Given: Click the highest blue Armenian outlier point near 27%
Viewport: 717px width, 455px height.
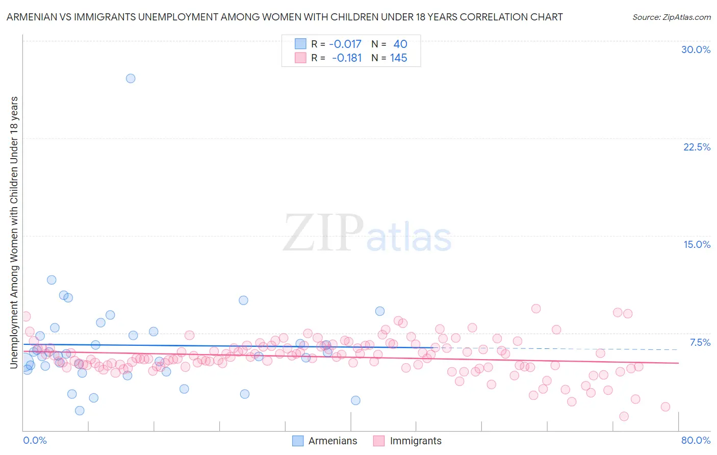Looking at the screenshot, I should coord(131,78).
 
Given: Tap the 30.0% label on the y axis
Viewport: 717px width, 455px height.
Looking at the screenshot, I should coord(696,49).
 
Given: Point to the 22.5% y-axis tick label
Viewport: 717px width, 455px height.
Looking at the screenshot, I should coord(697,147).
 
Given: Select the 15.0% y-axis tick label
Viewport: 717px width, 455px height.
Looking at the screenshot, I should coord(697,244).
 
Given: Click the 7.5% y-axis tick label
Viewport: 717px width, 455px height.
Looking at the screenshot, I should coord(700,342).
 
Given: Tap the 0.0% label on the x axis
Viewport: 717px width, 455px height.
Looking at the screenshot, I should coord(35,440).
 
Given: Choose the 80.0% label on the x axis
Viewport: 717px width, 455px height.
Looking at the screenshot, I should coord(696,440).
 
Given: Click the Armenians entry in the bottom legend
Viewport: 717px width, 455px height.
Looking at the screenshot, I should coord(332,441).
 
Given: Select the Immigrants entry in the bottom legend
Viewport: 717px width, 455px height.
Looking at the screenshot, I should coord(415,441).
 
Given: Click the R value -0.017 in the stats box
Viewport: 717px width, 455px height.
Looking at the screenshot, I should coord(345,44).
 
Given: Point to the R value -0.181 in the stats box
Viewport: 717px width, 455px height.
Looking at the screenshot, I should coord(347,58).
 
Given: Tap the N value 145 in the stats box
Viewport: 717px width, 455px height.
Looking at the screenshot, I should coord(399,58).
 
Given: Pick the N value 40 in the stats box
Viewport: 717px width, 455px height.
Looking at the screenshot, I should coord(400,44).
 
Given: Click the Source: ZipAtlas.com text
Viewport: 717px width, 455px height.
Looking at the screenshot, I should coord(671,17).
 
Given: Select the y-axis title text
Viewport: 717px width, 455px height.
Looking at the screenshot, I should coord(14,232).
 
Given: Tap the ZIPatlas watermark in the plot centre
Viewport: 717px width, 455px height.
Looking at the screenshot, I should coord(367,234).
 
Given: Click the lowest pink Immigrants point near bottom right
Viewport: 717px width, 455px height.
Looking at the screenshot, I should coord(624,416).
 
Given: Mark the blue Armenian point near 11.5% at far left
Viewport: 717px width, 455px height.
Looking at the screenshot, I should coord(52,280).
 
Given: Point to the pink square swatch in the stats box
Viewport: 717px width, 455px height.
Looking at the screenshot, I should coord(301,58).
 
